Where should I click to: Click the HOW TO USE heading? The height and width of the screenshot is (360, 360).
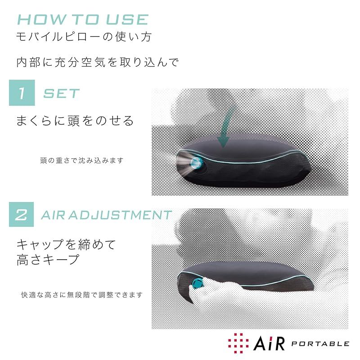(83, 19)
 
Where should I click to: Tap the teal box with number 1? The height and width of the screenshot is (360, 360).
(22, 93)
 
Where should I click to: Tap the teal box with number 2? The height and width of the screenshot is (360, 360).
(21, 215)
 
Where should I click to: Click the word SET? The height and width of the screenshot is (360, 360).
(61, 94)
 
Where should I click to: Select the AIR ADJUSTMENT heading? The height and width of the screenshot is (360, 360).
(106, 215)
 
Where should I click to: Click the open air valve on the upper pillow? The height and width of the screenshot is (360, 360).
(196, 162)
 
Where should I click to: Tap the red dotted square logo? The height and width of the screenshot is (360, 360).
(238, 343)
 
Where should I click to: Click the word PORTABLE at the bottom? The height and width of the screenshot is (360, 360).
(320, 344)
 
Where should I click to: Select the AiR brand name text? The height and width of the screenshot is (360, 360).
(269, 343)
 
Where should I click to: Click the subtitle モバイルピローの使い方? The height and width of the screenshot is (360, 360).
(84, 37)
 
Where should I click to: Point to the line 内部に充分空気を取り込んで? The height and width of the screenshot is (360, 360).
(97, 62)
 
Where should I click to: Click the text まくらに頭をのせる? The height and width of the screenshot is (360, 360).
(75, 121)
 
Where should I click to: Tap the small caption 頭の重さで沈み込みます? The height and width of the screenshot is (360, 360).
(82, 160)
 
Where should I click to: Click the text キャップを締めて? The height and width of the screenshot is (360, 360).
(66, 244)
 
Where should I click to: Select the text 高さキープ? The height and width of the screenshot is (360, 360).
(48, 260)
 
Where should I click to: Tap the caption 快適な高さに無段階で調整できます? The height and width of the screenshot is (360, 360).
(82, 295)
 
